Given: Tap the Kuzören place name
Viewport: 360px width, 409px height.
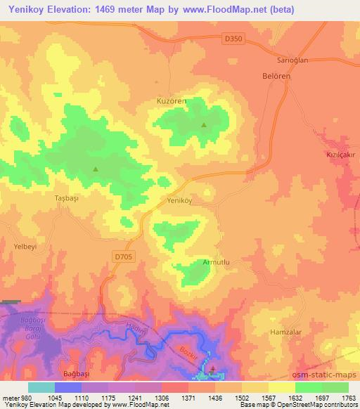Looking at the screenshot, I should click(171, 101).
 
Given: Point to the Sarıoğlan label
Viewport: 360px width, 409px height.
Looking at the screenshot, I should click(273, 61).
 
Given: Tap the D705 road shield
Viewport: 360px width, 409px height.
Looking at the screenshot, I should click(122, 257).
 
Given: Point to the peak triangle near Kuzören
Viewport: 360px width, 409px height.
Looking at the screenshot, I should click(204, 126).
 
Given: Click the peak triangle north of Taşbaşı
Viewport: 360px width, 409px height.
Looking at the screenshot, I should click(96, 169).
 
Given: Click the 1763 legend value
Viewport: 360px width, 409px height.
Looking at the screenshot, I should click(349, 397).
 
